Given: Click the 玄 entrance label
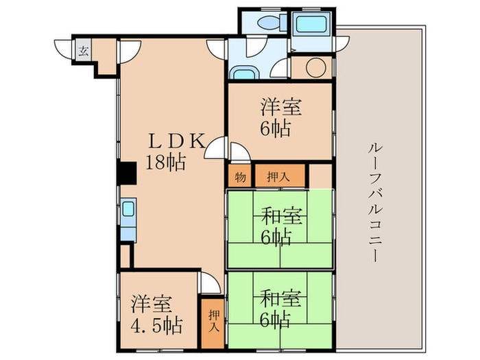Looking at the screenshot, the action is click(84, 50).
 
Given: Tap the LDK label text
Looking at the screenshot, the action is click(177, 141).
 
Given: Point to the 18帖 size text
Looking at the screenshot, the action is click(166, 163).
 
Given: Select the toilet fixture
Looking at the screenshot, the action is click(272, 23).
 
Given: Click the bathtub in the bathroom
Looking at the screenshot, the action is click(311, 24).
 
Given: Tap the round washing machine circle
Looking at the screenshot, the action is click(315, 67).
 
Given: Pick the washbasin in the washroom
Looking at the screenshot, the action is click(245, 73).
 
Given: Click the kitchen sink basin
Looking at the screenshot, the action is click(128, 209).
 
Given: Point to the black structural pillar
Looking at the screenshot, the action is click(127, 173).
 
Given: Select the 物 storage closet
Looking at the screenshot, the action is click(240, 176).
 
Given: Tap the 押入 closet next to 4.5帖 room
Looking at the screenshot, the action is click(213, 323).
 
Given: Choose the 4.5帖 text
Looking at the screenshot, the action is click(156, 326).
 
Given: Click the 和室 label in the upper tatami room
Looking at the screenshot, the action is click(281, 216).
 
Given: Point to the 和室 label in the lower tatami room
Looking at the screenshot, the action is click(281, 298).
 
